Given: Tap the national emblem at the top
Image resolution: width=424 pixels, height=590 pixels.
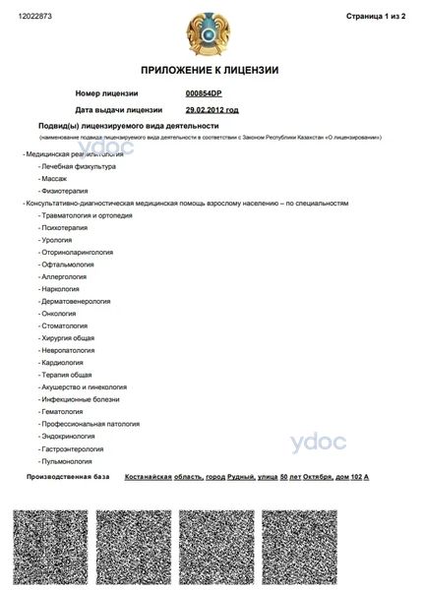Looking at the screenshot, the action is (211, 29).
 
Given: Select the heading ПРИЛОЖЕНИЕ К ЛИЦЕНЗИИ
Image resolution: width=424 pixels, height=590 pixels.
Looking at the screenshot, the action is (211, 70).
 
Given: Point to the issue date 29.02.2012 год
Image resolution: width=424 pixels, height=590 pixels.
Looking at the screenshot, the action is (212, 110).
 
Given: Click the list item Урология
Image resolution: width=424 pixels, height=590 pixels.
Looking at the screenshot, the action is (55, 239).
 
